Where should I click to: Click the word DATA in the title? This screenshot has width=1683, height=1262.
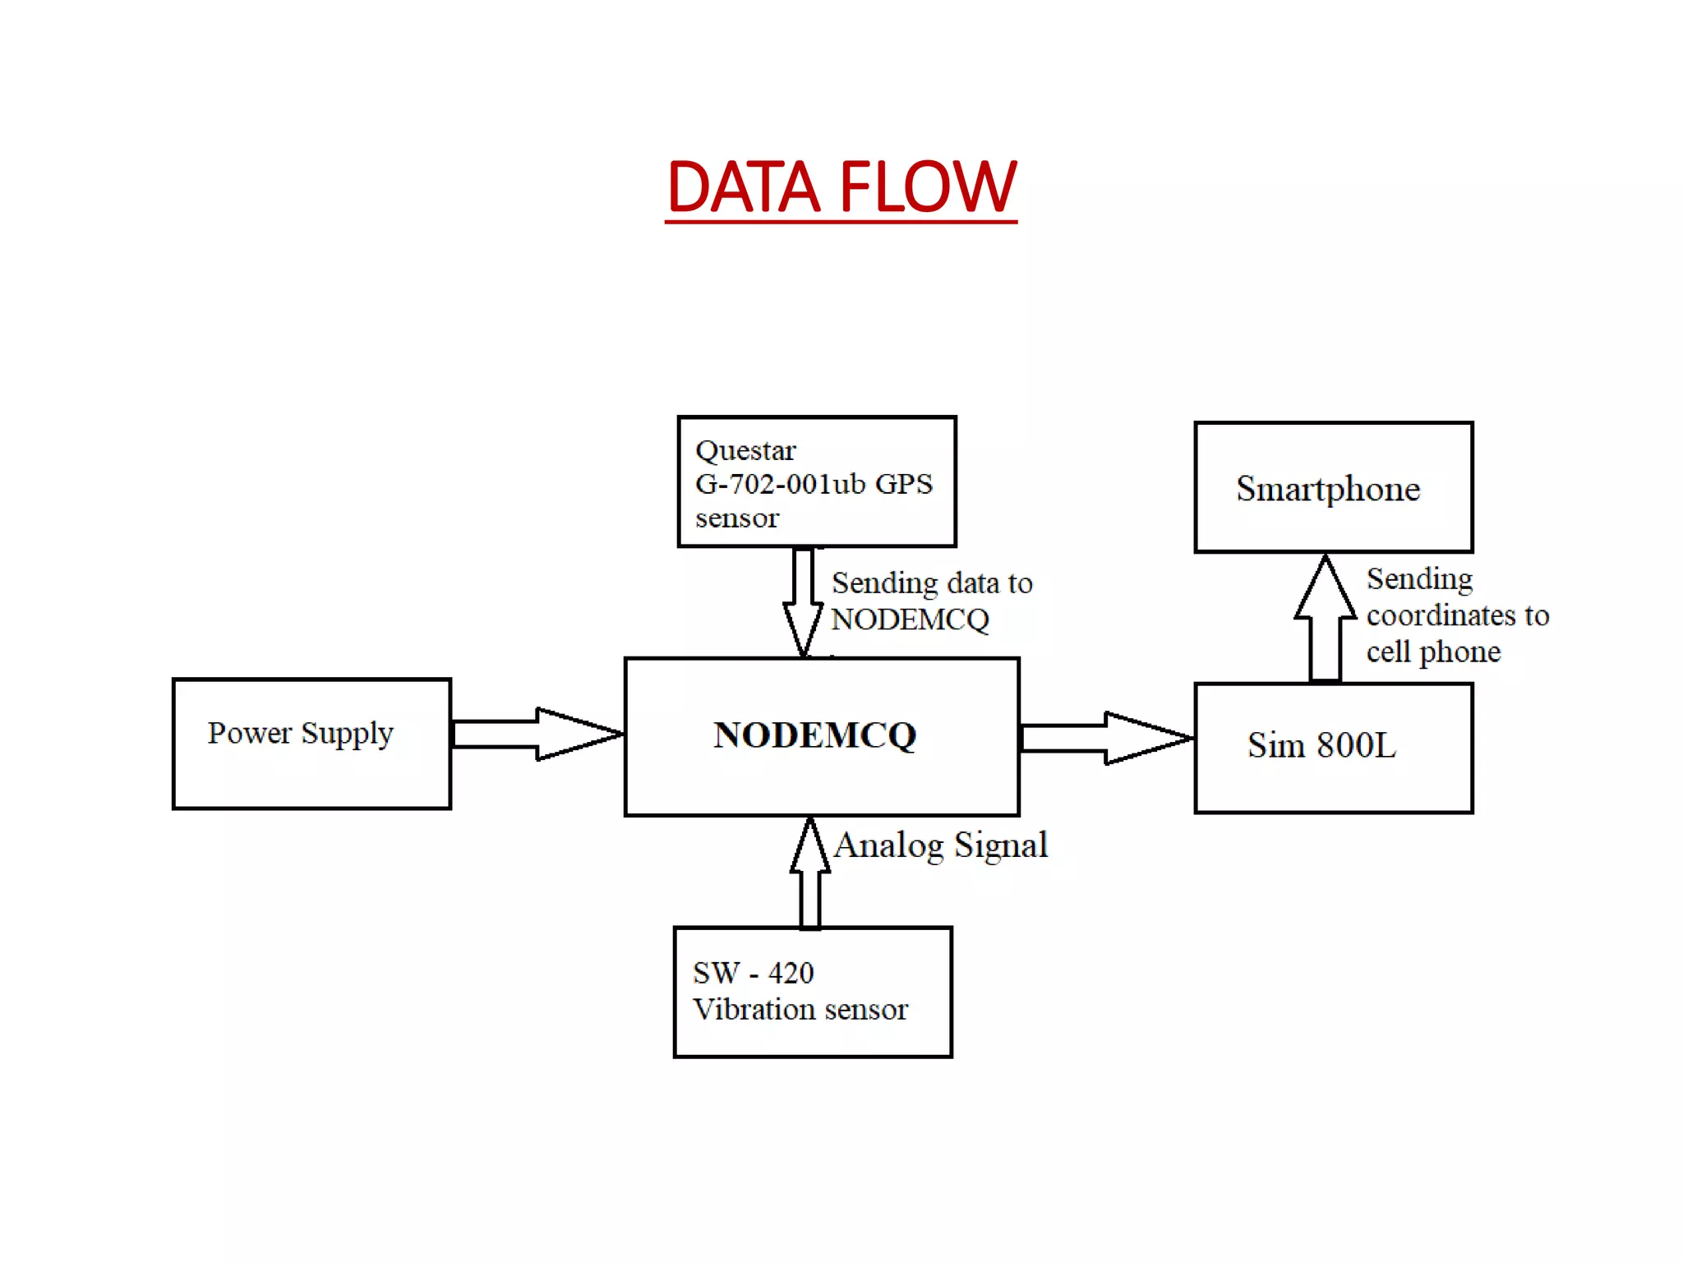[744, 187]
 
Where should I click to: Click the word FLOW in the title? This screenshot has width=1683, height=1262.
[929, 187]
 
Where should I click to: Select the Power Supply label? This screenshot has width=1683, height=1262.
[300, 733]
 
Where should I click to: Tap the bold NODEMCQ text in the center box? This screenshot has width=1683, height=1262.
[814, 735]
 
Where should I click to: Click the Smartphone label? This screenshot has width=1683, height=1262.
[1328, 489]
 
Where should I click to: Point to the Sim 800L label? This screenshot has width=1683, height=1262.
[1321, 745]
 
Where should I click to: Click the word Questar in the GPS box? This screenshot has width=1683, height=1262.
[745, 451]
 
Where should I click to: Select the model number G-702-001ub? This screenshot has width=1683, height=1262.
[780, 484]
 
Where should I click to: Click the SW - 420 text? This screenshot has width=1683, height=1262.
[753, 973]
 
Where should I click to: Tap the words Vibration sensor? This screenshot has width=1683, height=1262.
[800, 1009]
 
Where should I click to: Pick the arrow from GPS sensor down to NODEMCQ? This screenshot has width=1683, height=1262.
[803, 602]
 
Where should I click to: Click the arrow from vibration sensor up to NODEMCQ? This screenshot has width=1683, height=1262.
[810, 873]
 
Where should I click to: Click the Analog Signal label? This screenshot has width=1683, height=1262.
[941, 845]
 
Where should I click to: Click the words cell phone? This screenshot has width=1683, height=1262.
[1433, 652]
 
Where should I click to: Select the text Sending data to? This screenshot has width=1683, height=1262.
[932, 583]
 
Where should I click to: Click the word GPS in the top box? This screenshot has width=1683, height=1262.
[904, 484]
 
